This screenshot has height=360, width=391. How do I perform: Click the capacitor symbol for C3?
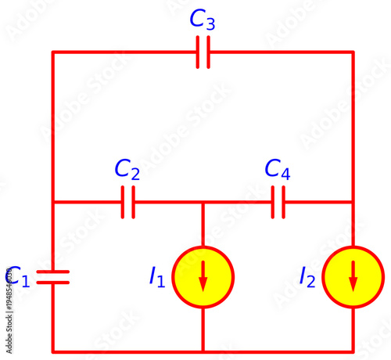(203, 52)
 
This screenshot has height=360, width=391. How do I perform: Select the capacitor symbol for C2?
(128, 202)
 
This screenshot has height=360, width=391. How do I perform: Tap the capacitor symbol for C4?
(278, 202)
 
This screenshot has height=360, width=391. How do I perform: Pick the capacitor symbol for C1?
(53, 276)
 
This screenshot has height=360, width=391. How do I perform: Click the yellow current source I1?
(203, 276)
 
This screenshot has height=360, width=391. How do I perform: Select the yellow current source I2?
(353, 276)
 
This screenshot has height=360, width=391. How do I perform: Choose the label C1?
(18, 276)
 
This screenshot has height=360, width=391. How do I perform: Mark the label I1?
(156, 276)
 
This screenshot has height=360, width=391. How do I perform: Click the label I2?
(307, 276)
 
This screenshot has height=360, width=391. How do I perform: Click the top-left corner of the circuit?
(53, 52)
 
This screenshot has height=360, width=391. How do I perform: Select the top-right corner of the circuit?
(353, 52)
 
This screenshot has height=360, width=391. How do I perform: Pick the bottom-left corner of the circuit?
(53, 351)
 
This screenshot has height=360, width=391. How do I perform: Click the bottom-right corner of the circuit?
(353, 351)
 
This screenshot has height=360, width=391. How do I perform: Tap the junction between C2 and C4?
(203, 202)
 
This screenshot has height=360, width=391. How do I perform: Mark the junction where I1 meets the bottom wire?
(203, 351)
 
